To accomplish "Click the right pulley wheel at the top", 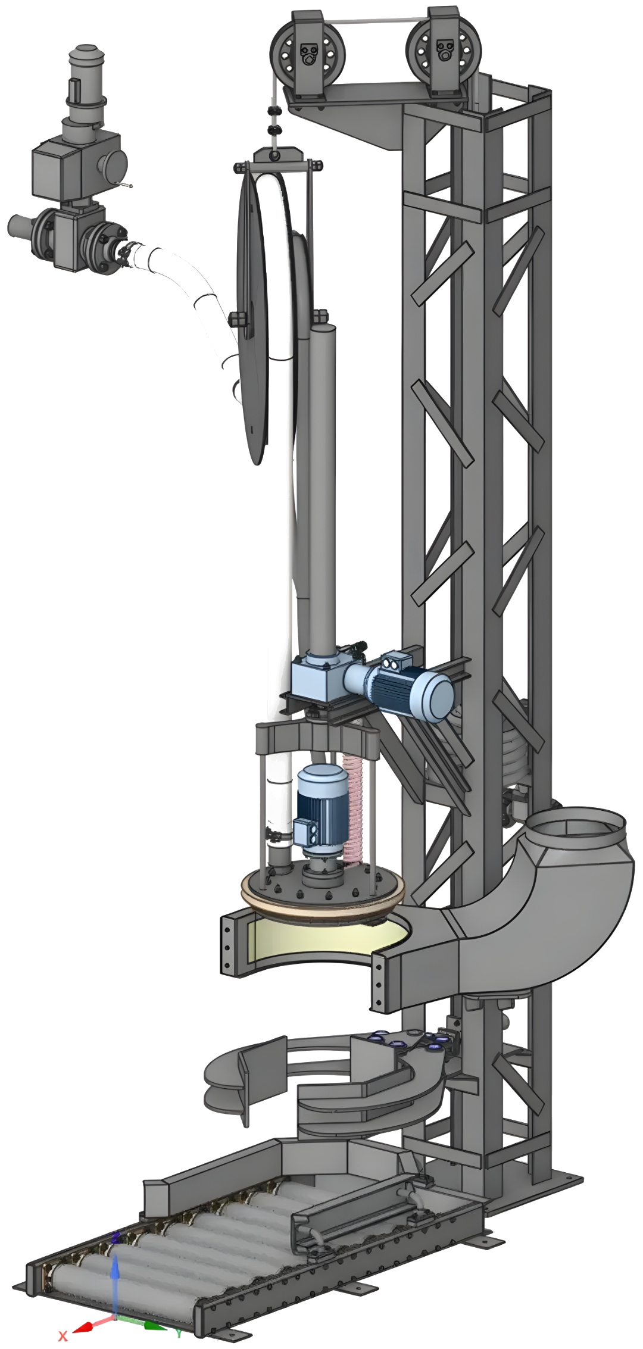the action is pyautogui.click(x=444, y=53).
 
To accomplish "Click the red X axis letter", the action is pyautogui.click(x=63, y=1335).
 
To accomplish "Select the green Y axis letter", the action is pyautogui.click(x=179, y=1334).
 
